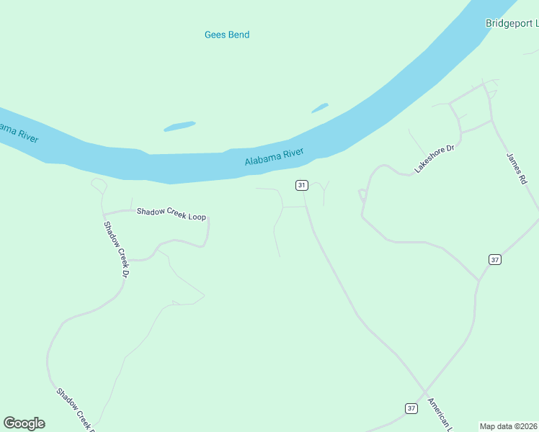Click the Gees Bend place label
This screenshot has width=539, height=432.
[227, 35]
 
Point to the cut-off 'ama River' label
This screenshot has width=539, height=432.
[18, 132]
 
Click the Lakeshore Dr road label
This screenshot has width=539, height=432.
[435, 159]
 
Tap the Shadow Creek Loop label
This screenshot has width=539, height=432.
[166, 212]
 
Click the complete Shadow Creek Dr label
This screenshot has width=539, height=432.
[115, 250]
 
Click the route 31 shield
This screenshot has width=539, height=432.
[301, 186]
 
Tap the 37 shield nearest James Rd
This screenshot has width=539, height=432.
[494, 259]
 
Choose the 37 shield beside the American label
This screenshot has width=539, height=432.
[411, 408]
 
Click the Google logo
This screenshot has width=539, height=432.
[24, 423]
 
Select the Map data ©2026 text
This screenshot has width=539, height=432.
[509, 426]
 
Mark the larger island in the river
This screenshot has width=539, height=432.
[179, 127]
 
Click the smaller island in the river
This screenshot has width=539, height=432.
[319, 108]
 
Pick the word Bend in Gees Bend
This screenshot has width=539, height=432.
[239, 35]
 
